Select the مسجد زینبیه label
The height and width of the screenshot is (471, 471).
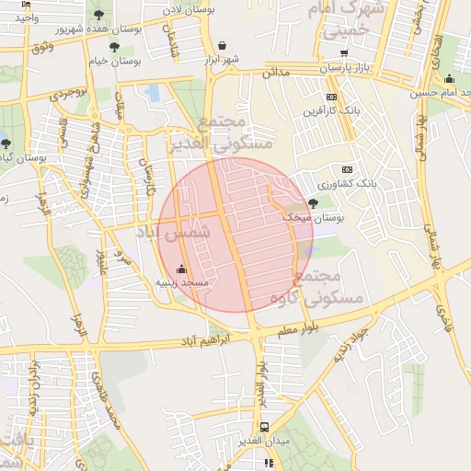pyautogui.click(x=182, y=282)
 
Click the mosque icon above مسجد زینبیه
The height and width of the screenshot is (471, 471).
pyautogui.click(x=180, y=270)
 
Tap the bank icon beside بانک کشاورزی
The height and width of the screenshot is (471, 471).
pyautogui.click(x=347, y=169)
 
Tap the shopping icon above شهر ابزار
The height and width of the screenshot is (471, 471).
pyautogui.click(x=223, y=45)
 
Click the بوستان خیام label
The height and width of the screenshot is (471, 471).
pyautogui.click(x=121, y=61)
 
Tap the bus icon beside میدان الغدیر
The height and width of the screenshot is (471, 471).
pyautogui.click(x=265, y=427)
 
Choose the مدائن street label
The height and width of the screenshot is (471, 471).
pyautogui.click(x=275, y=72)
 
